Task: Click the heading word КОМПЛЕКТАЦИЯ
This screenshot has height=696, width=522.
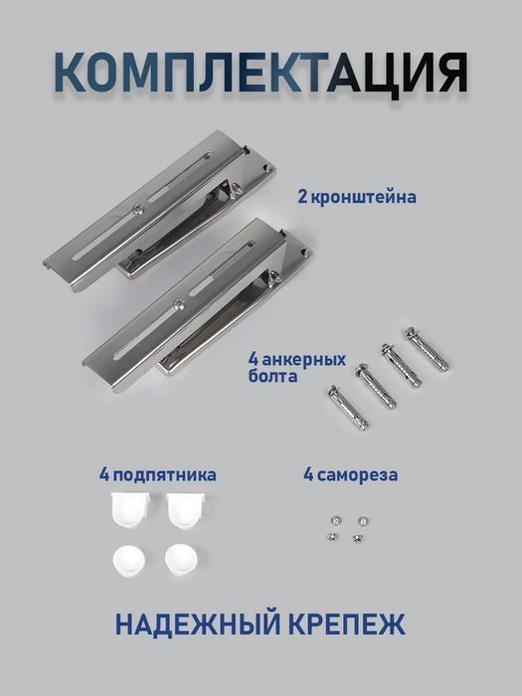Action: pos(261,75)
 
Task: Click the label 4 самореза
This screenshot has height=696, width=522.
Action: pos(351,475)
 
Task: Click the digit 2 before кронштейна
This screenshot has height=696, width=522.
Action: pos(302,197)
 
